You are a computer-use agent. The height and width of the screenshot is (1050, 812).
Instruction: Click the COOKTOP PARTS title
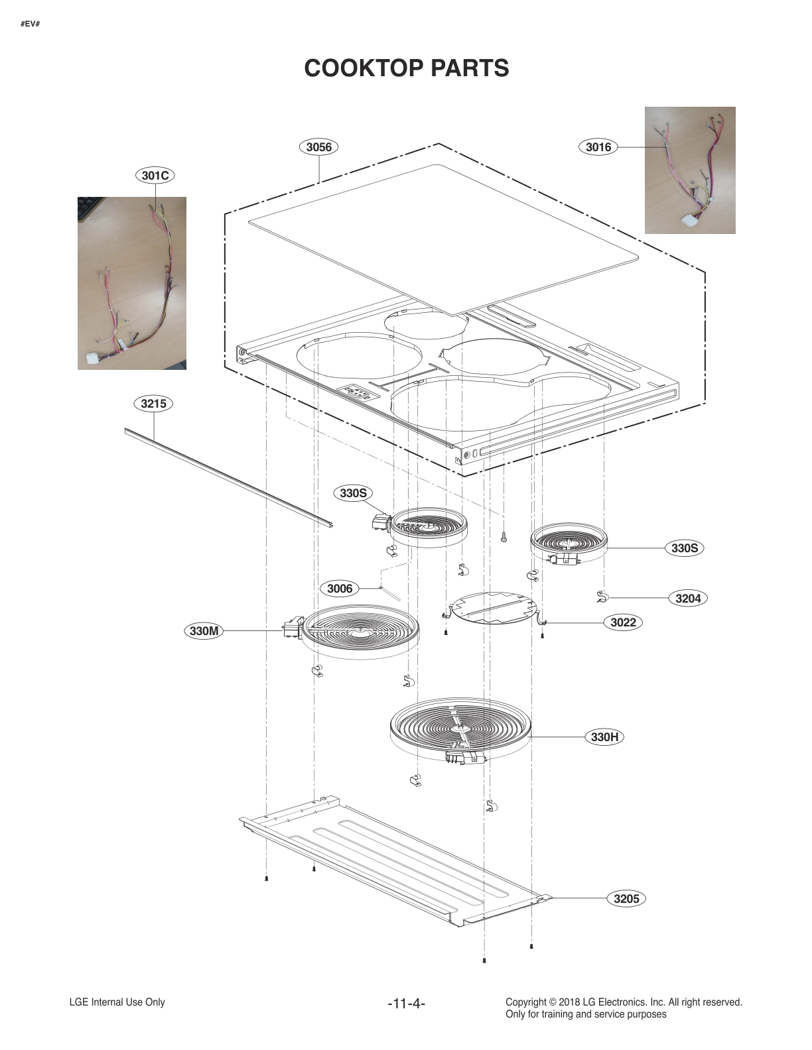(406, 68)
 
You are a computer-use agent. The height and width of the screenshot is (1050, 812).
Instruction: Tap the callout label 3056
(318, 146)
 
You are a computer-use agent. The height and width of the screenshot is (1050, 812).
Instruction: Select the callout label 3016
(598, 146)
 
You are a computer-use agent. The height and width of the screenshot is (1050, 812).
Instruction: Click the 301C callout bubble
(155, 175)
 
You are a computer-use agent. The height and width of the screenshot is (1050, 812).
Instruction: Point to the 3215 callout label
(153, 403)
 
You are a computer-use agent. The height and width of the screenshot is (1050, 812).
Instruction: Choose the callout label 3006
(340, 588)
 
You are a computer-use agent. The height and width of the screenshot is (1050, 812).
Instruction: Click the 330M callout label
(204, 630)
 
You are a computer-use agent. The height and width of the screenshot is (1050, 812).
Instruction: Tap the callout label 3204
(688, 598)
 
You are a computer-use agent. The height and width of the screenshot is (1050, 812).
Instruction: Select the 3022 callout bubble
(623, 622)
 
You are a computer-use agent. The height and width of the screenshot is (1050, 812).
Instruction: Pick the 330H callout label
(604, 736)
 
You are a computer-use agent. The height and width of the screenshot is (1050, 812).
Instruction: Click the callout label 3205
(626, 898)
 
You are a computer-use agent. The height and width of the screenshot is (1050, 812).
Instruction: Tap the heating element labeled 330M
(361, 630)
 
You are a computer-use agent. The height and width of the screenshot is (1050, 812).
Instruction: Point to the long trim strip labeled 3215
(229, 477)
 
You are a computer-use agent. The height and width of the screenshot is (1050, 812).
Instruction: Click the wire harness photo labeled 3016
(690, 170)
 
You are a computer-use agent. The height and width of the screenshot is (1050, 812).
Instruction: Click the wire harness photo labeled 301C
(132, 283)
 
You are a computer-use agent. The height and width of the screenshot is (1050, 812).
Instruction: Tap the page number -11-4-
(406, 1004)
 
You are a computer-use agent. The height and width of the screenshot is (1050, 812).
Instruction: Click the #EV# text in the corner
(30, 24)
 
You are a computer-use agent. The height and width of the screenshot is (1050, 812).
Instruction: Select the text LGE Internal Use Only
(117, 1002)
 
